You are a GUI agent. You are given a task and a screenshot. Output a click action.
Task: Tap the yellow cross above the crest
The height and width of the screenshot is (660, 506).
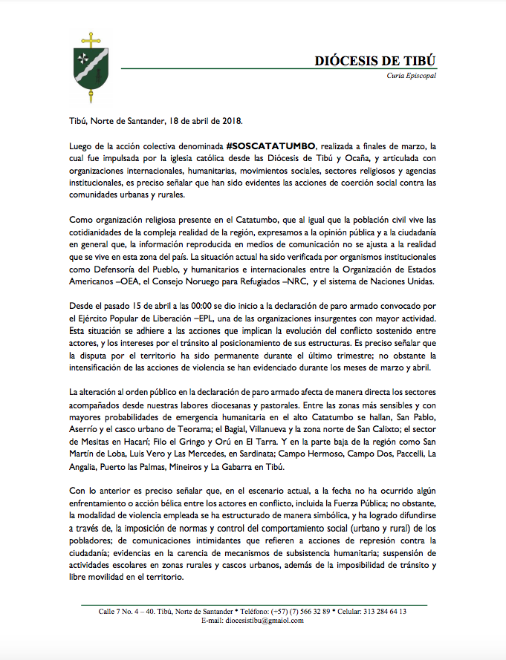pyautogui.click(x=91, y=38)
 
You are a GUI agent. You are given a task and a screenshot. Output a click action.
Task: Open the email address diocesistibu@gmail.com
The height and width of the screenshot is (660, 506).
pyautogui.click(x=265, y=621)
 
